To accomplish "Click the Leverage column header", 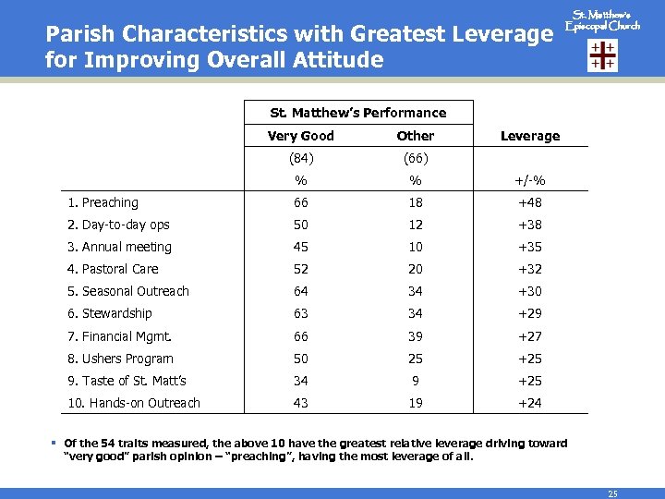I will click(529, 136).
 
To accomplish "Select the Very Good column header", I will click(300, 136).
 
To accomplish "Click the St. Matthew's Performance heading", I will click(357, 113).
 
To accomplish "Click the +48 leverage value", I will click(529, 202).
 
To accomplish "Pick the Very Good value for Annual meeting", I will click(300, 247).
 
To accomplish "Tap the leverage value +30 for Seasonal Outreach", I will click(529, 291).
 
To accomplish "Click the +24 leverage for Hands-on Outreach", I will click(529, 403).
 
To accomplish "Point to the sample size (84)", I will click(300, 158).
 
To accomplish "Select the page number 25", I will click(612, 493).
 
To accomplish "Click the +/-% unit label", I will click(529, 180).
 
